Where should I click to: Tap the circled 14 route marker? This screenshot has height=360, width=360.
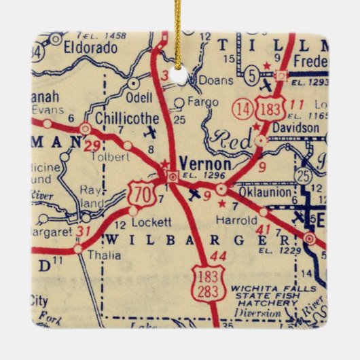[241, 107]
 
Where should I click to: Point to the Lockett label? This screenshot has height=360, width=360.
[149, 222]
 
